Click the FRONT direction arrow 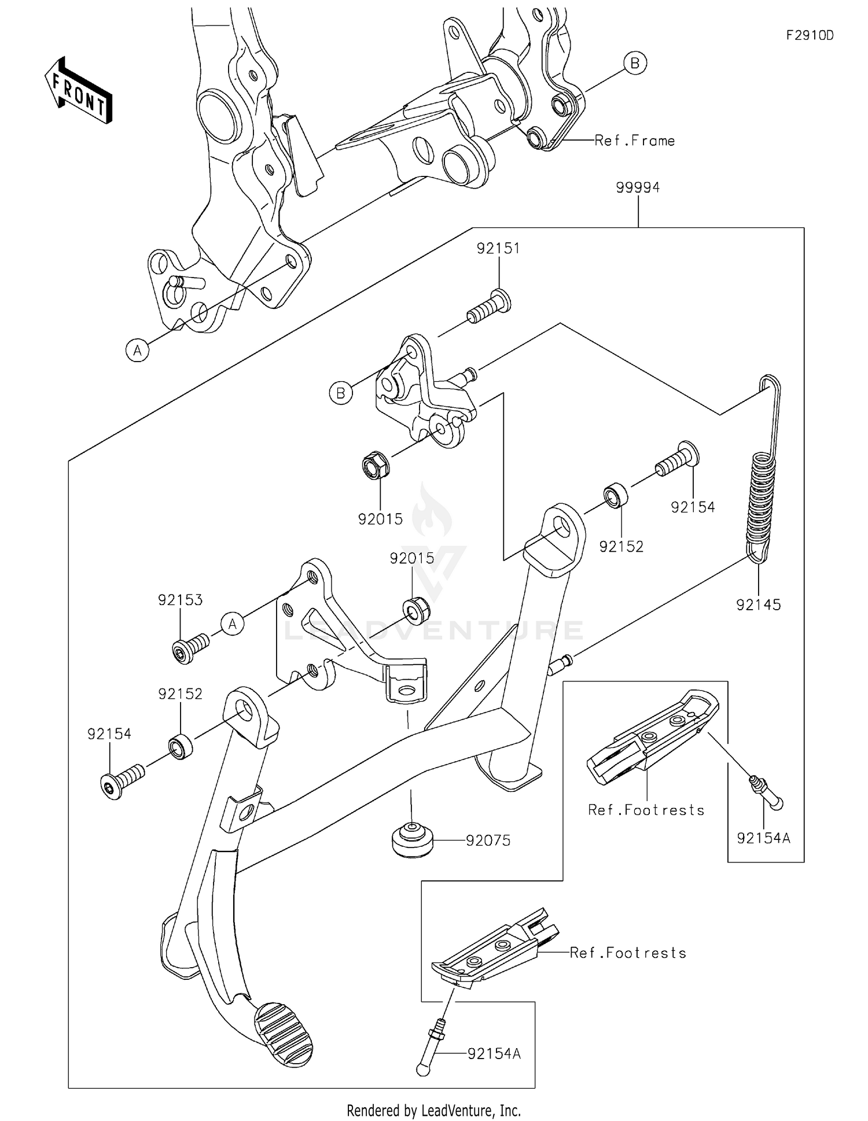(x=79, y=91)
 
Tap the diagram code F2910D (x=810, y=36)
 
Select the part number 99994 (x=638, y=187)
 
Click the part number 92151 (x=498, y=248)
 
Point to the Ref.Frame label (x=635, y=141)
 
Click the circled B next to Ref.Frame (x=635, y=62)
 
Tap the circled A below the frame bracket (x=138, y=350)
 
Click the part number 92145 (x=758, y=605)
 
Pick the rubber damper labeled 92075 (x=411, y=840)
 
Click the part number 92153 (x=181, y=600)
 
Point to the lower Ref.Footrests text (x=628, y=953)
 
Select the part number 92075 (x=488, y=840)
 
